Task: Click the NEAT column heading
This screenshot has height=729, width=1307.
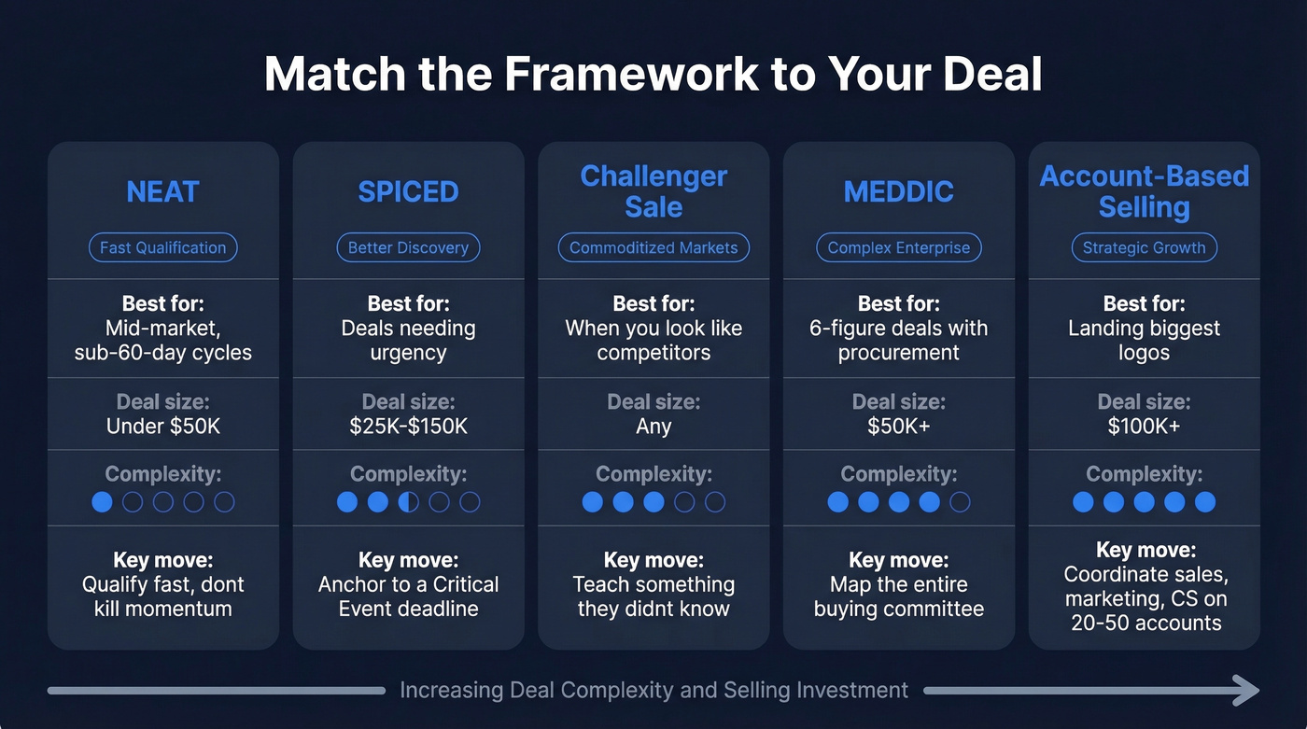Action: (x=162, y=191)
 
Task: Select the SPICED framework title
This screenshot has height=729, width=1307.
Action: (x=408, y=191)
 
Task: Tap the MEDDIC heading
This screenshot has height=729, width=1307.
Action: (x=898, y=191)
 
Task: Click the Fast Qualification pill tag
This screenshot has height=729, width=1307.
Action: (x=162, y=247)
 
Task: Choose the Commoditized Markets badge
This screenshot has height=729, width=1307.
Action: (x=653, y=247)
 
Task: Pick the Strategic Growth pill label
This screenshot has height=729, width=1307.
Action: (x=1144, y=247)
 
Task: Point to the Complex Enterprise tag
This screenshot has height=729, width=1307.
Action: (x=898, y=247)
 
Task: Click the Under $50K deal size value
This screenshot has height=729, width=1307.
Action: (x=162, y=427)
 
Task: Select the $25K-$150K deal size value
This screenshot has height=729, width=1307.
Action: (x=408, y=427)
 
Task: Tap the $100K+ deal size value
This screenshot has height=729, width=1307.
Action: (x=1144, y=427)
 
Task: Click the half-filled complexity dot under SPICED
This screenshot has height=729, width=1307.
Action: (x=408, y=502)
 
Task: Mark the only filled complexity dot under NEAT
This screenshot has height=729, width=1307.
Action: (x=102, y=502)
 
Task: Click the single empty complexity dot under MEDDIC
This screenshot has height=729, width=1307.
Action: (x=960, y=502)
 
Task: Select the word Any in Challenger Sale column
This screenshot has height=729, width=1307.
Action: (x=653, y=427)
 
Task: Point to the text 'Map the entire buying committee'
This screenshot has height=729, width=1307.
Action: (x=898, y=597)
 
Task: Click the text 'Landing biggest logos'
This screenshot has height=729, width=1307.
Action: (x=1144, y=341)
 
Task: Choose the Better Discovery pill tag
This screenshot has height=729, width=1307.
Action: (x=408, y=247)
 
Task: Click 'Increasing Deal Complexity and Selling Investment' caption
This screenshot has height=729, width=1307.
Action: (x=653, y=691)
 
